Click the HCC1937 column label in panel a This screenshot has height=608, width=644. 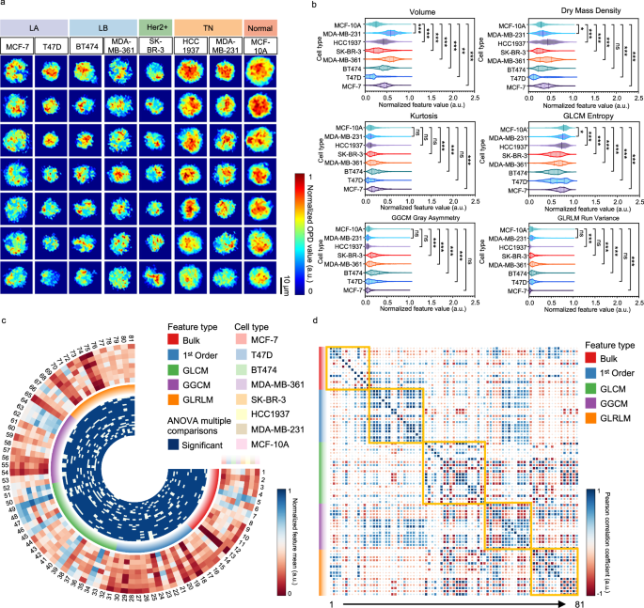click(190, 46)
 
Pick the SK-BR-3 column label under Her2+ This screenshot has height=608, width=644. click(153, 46)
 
